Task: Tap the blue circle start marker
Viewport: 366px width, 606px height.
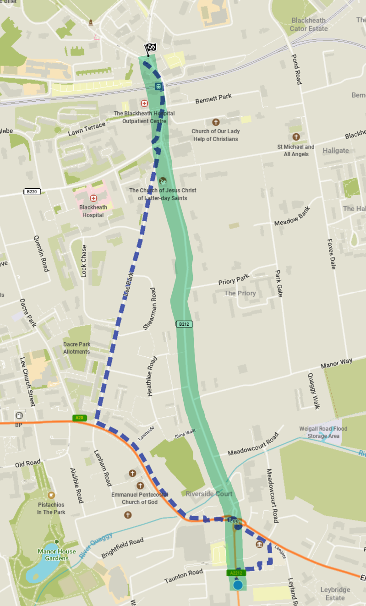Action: tap(237, 585)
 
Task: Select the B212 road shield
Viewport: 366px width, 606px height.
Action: tap(184, 324)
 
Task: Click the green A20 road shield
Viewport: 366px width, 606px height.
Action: tap(79, 418)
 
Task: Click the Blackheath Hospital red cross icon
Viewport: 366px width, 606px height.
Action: tap(93, 198)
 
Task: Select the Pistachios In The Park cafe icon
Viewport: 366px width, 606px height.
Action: tap(51, 495)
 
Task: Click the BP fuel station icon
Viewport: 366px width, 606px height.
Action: tap(19, 415)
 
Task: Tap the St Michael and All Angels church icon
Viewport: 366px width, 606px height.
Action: tap(296, 137)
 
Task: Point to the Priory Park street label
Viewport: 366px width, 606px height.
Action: tap(234, 279)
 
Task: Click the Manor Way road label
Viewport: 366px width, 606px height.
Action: tap(337, 363)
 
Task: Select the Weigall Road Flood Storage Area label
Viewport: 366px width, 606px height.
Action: tap(323, 432)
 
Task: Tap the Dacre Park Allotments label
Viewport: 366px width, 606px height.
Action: tap(76, 348)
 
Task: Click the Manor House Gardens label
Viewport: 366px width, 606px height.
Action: tap(53, 555)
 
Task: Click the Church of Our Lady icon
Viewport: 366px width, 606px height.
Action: tap(216, 122)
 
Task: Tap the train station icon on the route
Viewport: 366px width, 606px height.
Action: tap(158, 87)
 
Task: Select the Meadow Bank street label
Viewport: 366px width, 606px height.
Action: tap(292, 216)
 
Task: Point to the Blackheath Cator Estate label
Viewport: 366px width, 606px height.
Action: tap(309, 24)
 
